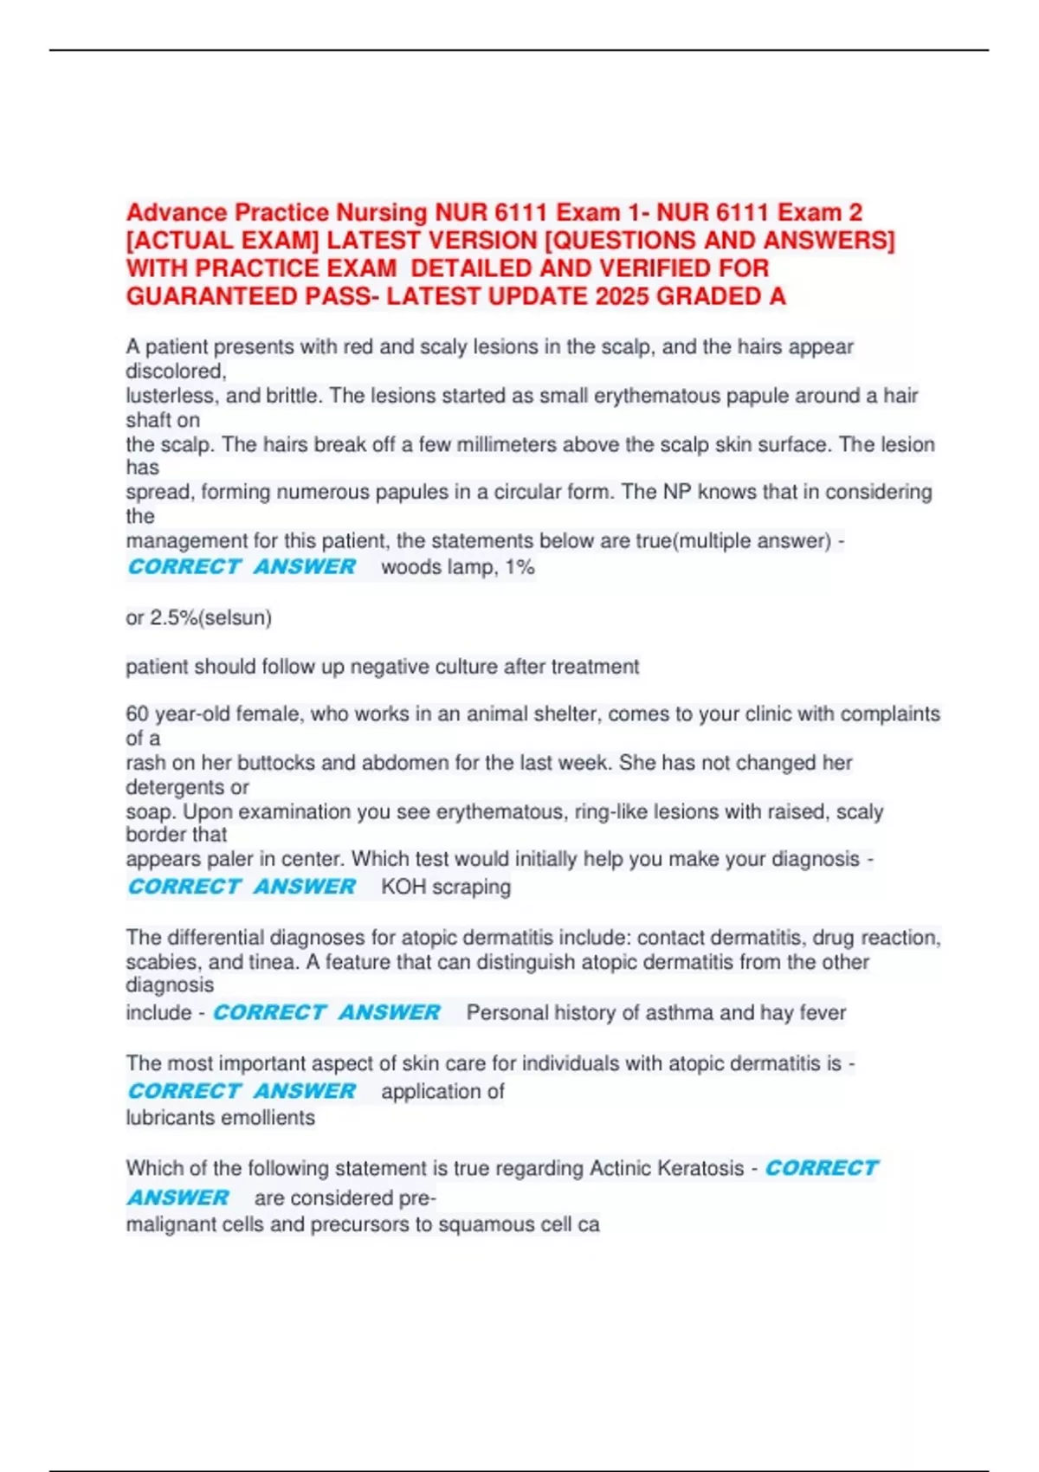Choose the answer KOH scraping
pos(446,887)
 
